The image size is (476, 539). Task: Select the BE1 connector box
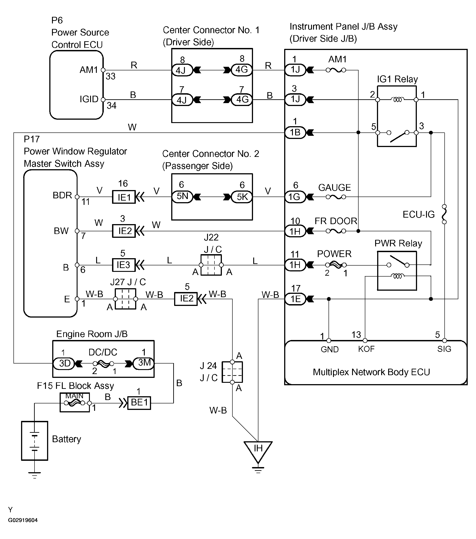click(139, 403)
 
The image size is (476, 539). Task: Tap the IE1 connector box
click(124, 197)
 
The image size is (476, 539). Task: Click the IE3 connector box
click(124, 265)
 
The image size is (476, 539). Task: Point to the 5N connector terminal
click(182, 197)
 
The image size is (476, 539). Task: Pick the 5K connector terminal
click(242, 197)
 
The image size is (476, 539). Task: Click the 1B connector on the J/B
click(295, 132)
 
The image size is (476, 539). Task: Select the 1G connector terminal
click(295, 197)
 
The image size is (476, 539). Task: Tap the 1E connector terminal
click(295, 299)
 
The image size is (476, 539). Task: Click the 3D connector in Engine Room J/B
click(64, 363)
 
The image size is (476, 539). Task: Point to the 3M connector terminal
click(144, 363)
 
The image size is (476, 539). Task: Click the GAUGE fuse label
click(334, 188)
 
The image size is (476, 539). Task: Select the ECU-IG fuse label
click(418, 214)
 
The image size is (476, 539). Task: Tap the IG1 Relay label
click(397, 79)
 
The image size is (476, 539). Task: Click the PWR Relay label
click(398, 243)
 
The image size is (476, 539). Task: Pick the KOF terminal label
click(366, 349)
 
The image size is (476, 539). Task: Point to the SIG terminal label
click(444, 349)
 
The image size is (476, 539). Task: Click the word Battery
click(67, 439)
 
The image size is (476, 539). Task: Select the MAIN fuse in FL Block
click(75, 403)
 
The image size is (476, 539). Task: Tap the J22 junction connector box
click(211, 265)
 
